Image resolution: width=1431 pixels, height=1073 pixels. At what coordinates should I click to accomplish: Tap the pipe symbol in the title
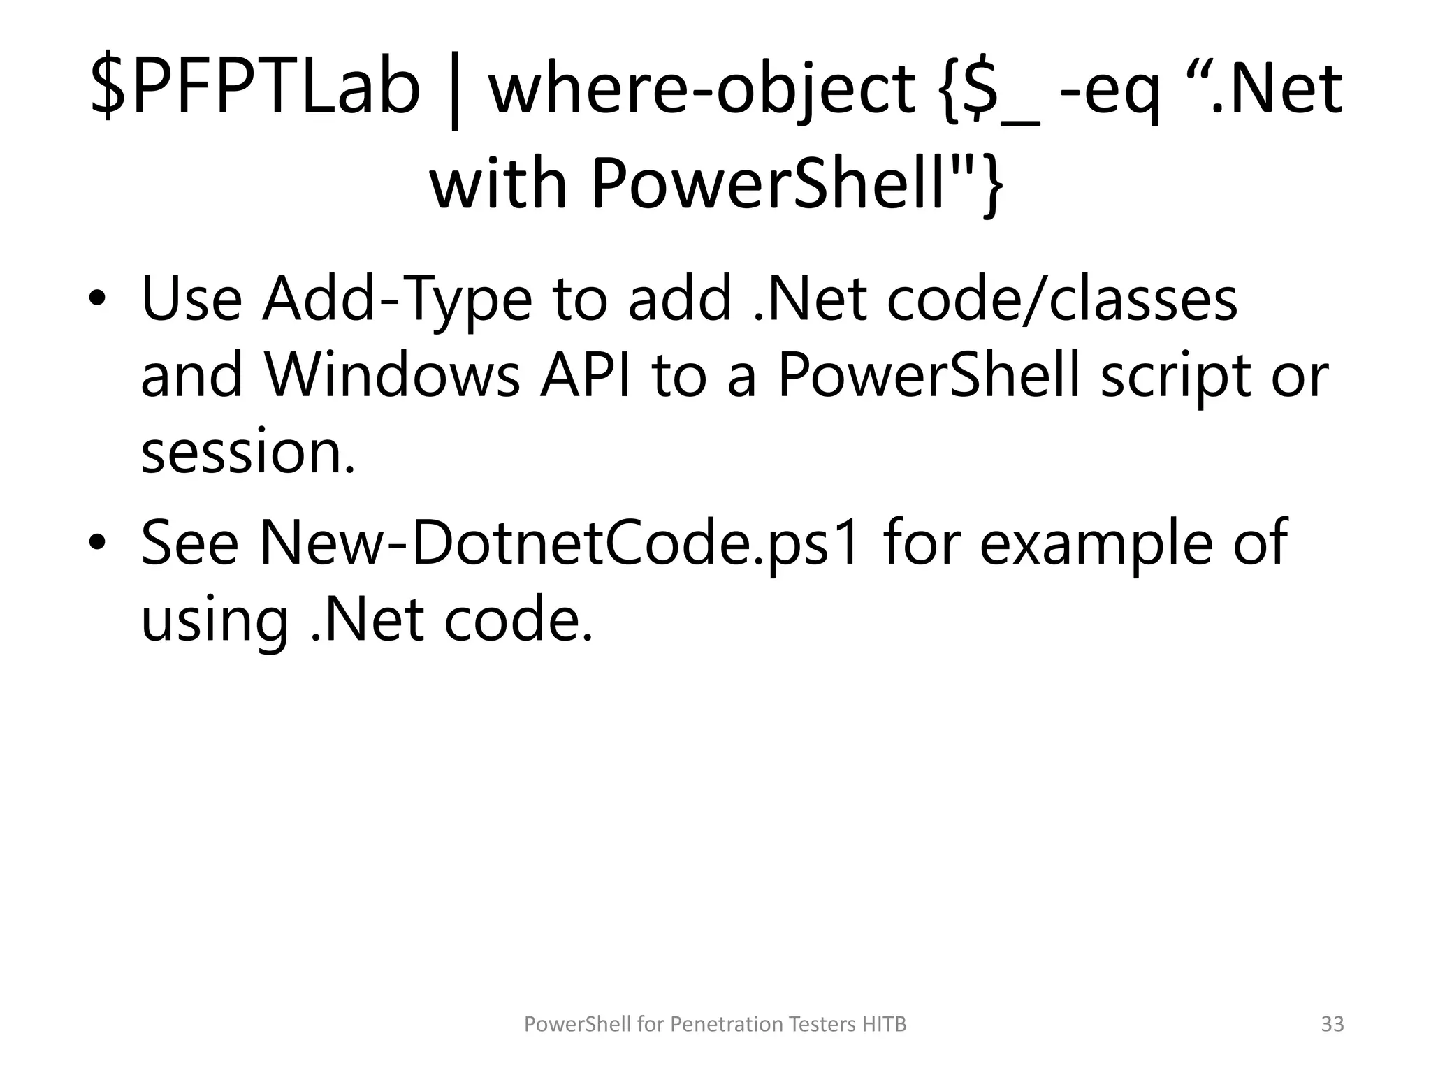[x=455, y=94]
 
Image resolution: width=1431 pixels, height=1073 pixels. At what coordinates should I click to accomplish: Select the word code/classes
[x=1062, y=299]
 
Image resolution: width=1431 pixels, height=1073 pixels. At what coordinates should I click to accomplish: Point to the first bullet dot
[x=98, y=300]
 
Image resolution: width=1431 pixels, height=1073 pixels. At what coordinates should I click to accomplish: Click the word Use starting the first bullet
[x=191, y=299]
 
